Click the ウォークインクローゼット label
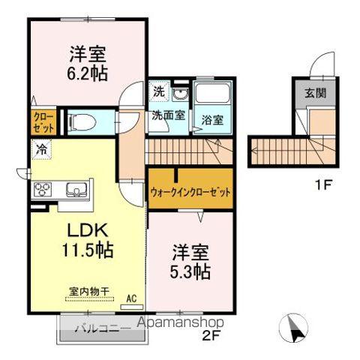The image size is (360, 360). (x=190, y=191)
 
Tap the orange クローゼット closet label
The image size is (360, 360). (x=40, y=121)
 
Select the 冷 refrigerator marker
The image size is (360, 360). (x=39, y=148)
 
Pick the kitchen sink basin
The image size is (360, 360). (x=75, y=188)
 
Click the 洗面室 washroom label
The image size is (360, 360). (x=165, y=117)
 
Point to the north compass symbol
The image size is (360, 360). (x=295, y=327)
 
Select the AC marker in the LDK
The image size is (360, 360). (x=131, y=298)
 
